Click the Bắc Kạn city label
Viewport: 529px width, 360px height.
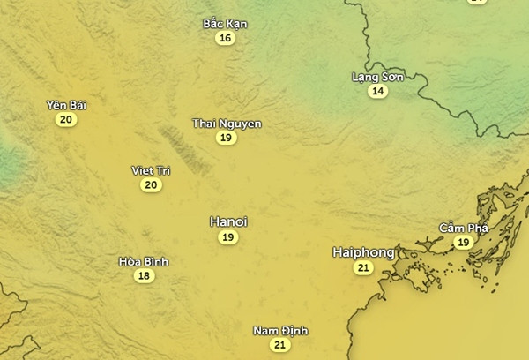click(x=225, y=24)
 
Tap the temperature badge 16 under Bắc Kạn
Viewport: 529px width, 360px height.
click(x=226, y=38)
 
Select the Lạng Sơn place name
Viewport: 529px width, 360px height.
click(x=377, y=77)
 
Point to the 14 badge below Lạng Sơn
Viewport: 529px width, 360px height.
click(x=378, y=91)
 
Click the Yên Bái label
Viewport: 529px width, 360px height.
click(x=66, y=106)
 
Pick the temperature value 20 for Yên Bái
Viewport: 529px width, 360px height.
click(x=64, y=120)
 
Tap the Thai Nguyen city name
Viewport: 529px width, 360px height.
click(x=227, y=124)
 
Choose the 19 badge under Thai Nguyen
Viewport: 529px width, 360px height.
click(x=227, y=138)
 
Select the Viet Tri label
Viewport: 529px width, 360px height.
click(x=151, y=170)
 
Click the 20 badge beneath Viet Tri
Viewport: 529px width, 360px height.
click(x=151, y=184)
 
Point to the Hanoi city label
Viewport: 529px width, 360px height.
click(x=228, y=221)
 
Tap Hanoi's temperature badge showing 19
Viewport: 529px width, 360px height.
click(x=228, y=237)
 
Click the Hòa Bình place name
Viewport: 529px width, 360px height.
click(x=144, y=261)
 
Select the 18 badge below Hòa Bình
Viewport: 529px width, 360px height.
click(x=144, y=276)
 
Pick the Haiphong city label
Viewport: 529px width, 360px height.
click(x=363, y=252)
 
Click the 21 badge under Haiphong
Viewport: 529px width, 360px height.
click(x=363, y=268)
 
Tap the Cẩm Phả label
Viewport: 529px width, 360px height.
click(x=464, y=229)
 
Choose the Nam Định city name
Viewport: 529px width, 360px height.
click(x=280, y=331)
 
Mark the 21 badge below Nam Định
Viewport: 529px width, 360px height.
click(x=280, y=345)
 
